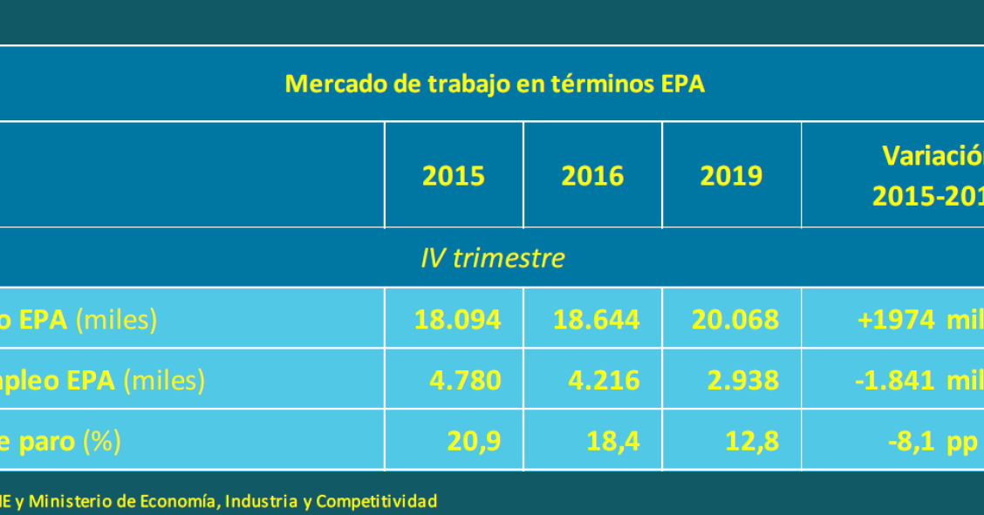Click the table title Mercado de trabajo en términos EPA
495,85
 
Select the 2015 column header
454,176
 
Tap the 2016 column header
592,176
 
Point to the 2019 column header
731,176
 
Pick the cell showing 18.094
457,319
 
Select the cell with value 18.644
596,319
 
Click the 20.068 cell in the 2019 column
735,319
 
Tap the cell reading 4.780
465,380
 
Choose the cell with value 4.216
604,380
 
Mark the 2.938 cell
742,380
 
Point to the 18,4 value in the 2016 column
614,441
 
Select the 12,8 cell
753,441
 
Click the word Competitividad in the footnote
376,501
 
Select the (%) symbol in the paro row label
102,441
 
